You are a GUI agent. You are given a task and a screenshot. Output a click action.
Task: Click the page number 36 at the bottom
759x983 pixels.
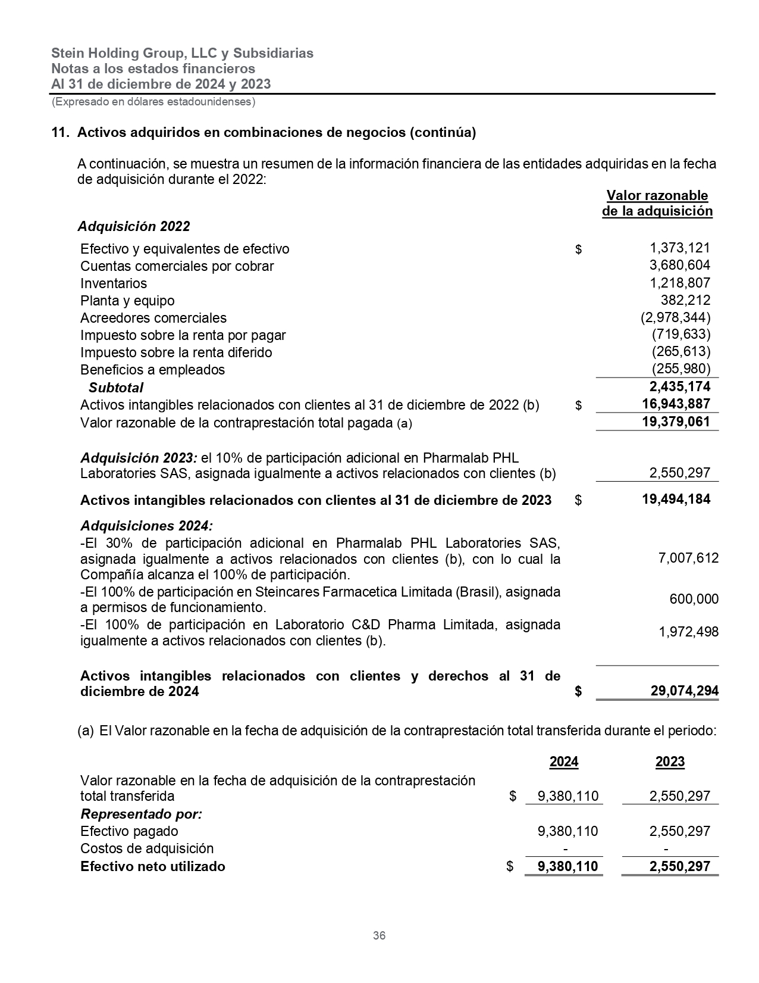(379, 935)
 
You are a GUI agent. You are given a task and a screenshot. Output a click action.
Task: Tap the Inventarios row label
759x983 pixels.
(114, 283)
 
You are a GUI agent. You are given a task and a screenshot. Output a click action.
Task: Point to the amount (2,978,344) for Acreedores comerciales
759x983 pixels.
(675, 317)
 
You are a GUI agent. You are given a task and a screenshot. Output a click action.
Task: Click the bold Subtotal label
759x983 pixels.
(116, 388)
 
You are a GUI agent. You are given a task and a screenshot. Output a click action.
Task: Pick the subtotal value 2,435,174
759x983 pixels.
(680, 387)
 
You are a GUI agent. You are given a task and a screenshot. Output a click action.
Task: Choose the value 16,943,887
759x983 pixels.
(676, 404)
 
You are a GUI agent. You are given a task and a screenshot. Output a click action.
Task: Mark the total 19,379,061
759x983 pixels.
(676, 422)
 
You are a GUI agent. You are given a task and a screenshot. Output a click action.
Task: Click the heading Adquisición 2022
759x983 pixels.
(134, 226)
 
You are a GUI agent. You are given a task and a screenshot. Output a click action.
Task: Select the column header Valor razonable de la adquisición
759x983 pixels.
(657, 203)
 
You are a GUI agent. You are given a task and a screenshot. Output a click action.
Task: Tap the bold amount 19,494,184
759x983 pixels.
(676, 499)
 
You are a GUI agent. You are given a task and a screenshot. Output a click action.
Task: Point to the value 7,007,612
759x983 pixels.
(688, 558)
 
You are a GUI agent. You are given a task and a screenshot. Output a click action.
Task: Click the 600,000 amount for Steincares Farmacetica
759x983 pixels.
(694, 599)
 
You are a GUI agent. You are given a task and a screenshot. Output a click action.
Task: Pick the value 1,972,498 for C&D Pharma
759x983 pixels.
(688, 632)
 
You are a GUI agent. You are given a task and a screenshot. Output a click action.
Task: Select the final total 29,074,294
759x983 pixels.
(684, 691)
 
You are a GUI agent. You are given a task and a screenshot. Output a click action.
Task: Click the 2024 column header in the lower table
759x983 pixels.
(564, 762)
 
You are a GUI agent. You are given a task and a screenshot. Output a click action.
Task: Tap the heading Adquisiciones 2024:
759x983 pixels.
(146, 526)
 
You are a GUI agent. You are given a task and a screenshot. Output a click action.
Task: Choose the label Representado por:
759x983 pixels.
(141, 814)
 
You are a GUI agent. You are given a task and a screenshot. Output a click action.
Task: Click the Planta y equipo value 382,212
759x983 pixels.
(685, 300)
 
